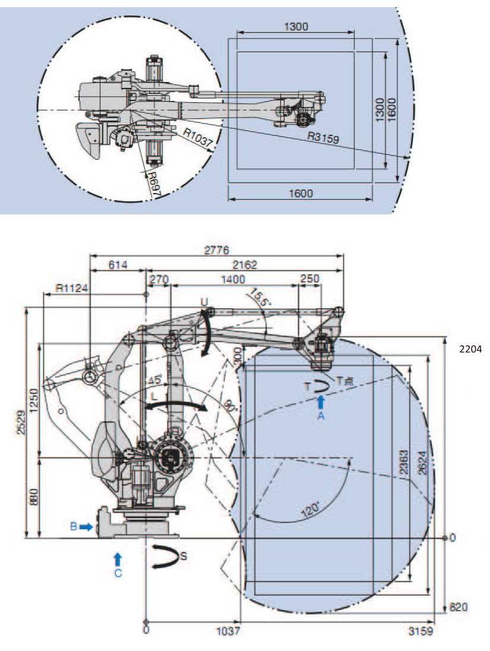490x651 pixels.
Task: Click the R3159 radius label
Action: coord(323,138)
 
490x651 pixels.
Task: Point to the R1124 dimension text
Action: coord(72,288)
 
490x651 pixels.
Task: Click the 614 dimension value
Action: coord(118,265)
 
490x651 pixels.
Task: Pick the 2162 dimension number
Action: coord(245,265)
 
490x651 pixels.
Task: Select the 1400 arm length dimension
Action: coord(233,279)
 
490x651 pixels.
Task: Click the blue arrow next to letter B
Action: coord(86,526)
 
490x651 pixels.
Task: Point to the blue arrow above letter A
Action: coord(321,402)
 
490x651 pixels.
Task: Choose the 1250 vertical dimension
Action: coord(33,399)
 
